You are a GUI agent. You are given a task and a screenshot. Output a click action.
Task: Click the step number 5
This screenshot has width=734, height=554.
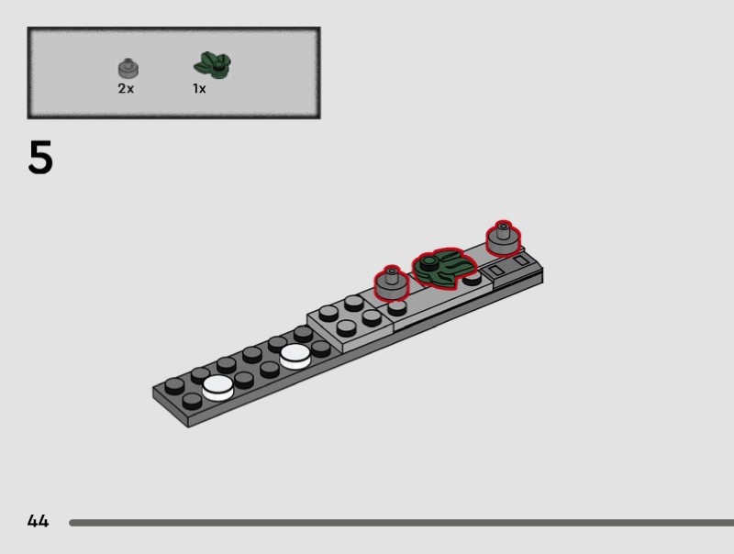click(40, 158)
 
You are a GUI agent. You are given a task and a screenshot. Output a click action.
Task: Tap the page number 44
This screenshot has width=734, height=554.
click(38, 521)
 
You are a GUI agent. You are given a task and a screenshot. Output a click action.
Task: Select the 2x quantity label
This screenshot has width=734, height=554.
click(126, 88)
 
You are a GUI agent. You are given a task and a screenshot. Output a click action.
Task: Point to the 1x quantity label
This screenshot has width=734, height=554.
click(199, 88)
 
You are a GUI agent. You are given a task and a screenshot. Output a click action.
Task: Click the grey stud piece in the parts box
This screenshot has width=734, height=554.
click(128, 68)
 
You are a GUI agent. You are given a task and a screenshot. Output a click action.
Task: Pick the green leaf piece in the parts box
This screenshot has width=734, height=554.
click(213, 65)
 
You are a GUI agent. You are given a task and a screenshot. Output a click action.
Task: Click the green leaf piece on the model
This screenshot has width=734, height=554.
click(443, 266)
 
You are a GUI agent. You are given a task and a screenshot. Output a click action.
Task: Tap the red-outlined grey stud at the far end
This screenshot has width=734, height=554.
click(503, 239)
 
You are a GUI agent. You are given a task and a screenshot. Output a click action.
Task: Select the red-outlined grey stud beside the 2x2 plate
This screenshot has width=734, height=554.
click(392, 283)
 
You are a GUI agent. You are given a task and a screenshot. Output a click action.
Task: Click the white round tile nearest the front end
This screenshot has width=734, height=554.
click(217, 388)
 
